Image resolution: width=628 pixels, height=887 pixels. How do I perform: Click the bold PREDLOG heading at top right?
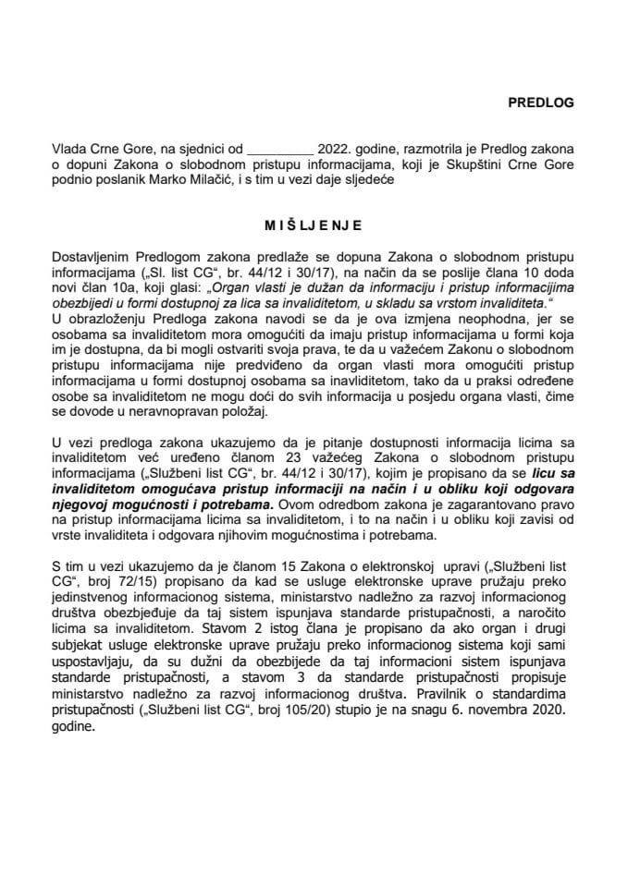tap(540, 103)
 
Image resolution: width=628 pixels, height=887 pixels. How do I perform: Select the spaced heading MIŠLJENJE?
tap(313, 224)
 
